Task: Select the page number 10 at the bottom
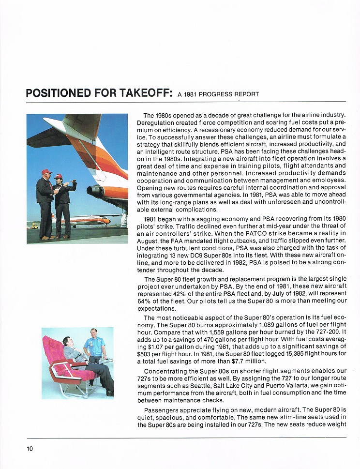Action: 30,449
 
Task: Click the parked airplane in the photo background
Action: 82,221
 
